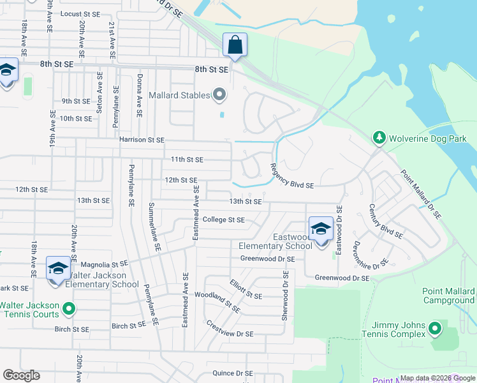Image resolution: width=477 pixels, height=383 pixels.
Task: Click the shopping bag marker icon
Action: pos(235,45)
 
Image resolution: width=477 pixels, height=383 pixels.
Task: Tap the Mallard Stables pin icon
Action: pos(220,96)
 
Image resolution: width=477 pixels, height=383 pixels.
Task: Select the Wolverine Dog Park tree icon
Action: pos(379,138)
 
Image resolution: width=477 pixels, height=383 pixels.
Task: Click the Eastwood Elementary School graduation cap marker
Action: pos(321,229)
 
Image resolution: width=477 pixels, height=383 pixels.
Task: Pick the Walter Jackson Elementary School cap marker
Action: pos(58,268)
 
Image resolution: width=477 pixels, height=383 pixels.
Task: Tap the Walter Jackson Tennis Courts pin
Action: pos(68,310)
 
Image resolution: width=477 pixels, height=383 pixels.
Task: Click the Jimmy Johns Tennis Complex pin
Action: pos(435,329)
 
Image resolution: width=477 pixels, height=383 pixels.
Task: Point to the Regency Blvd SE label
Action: pos(292,176)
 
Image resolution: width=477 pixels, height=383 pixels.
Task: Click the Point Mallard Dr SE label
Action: pos(421,195)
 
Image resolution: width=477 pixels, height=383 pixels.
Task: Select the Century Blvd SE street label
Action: pos(386,222)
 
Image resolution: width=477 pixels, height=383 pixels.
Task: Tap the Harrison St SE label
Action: pos(142,139)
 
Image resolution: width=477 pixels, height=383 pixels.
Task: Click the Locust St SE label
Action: pos(80,13)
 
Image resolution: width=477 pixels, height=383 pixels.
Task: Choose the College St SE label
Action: pos(223,220)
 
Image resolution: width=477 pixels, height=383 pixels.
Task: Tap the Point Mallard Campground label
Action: pos(448,296)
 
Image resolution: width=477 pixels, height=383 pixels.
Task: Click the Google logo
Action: pos(21,375)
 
